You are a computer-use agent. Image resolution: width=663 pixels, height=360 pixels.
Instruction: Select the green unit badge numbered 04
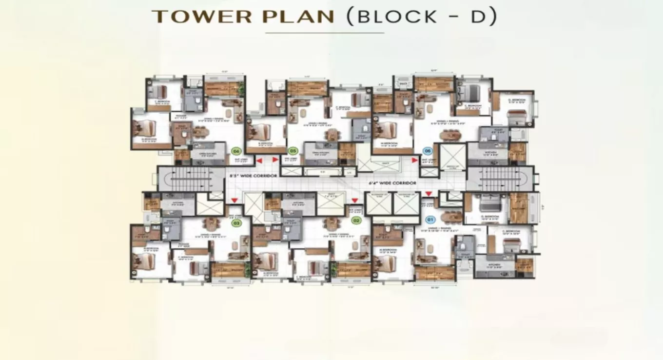[236, 151]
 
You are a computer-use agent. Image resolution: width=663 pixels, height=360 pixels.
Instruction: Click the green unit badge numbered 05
[292, 151]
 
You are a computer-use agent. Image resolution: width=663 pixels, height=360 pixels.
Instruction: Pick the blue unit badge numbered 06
[428, 151]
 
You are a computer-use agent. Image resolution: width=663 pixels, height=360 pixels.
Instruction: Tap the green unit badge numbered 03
[236, 223]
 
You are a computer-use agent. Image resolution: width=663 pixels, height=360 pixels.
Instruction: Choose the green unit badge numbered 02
[356, 220]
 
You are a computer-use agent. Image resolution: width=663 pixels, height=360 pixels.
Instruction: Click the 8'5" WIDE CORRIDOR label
[253, 176]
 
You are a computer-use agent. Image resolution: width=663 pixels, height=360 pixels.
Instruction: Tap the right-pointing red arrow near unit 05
[275, 160]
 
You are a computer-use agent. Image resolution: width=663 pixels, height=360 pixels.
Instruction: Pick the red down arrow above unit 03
[234, 200]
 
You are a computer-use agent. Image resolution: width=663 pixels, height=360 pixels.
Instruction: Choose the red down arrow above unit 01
[428, 194]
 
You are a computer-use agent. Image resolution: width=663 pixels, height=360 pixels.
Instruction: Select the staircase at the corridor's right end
[500, 178]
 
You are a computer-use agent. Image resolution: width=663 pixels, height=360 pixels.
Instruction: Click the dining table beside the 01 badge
[451, 216]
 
